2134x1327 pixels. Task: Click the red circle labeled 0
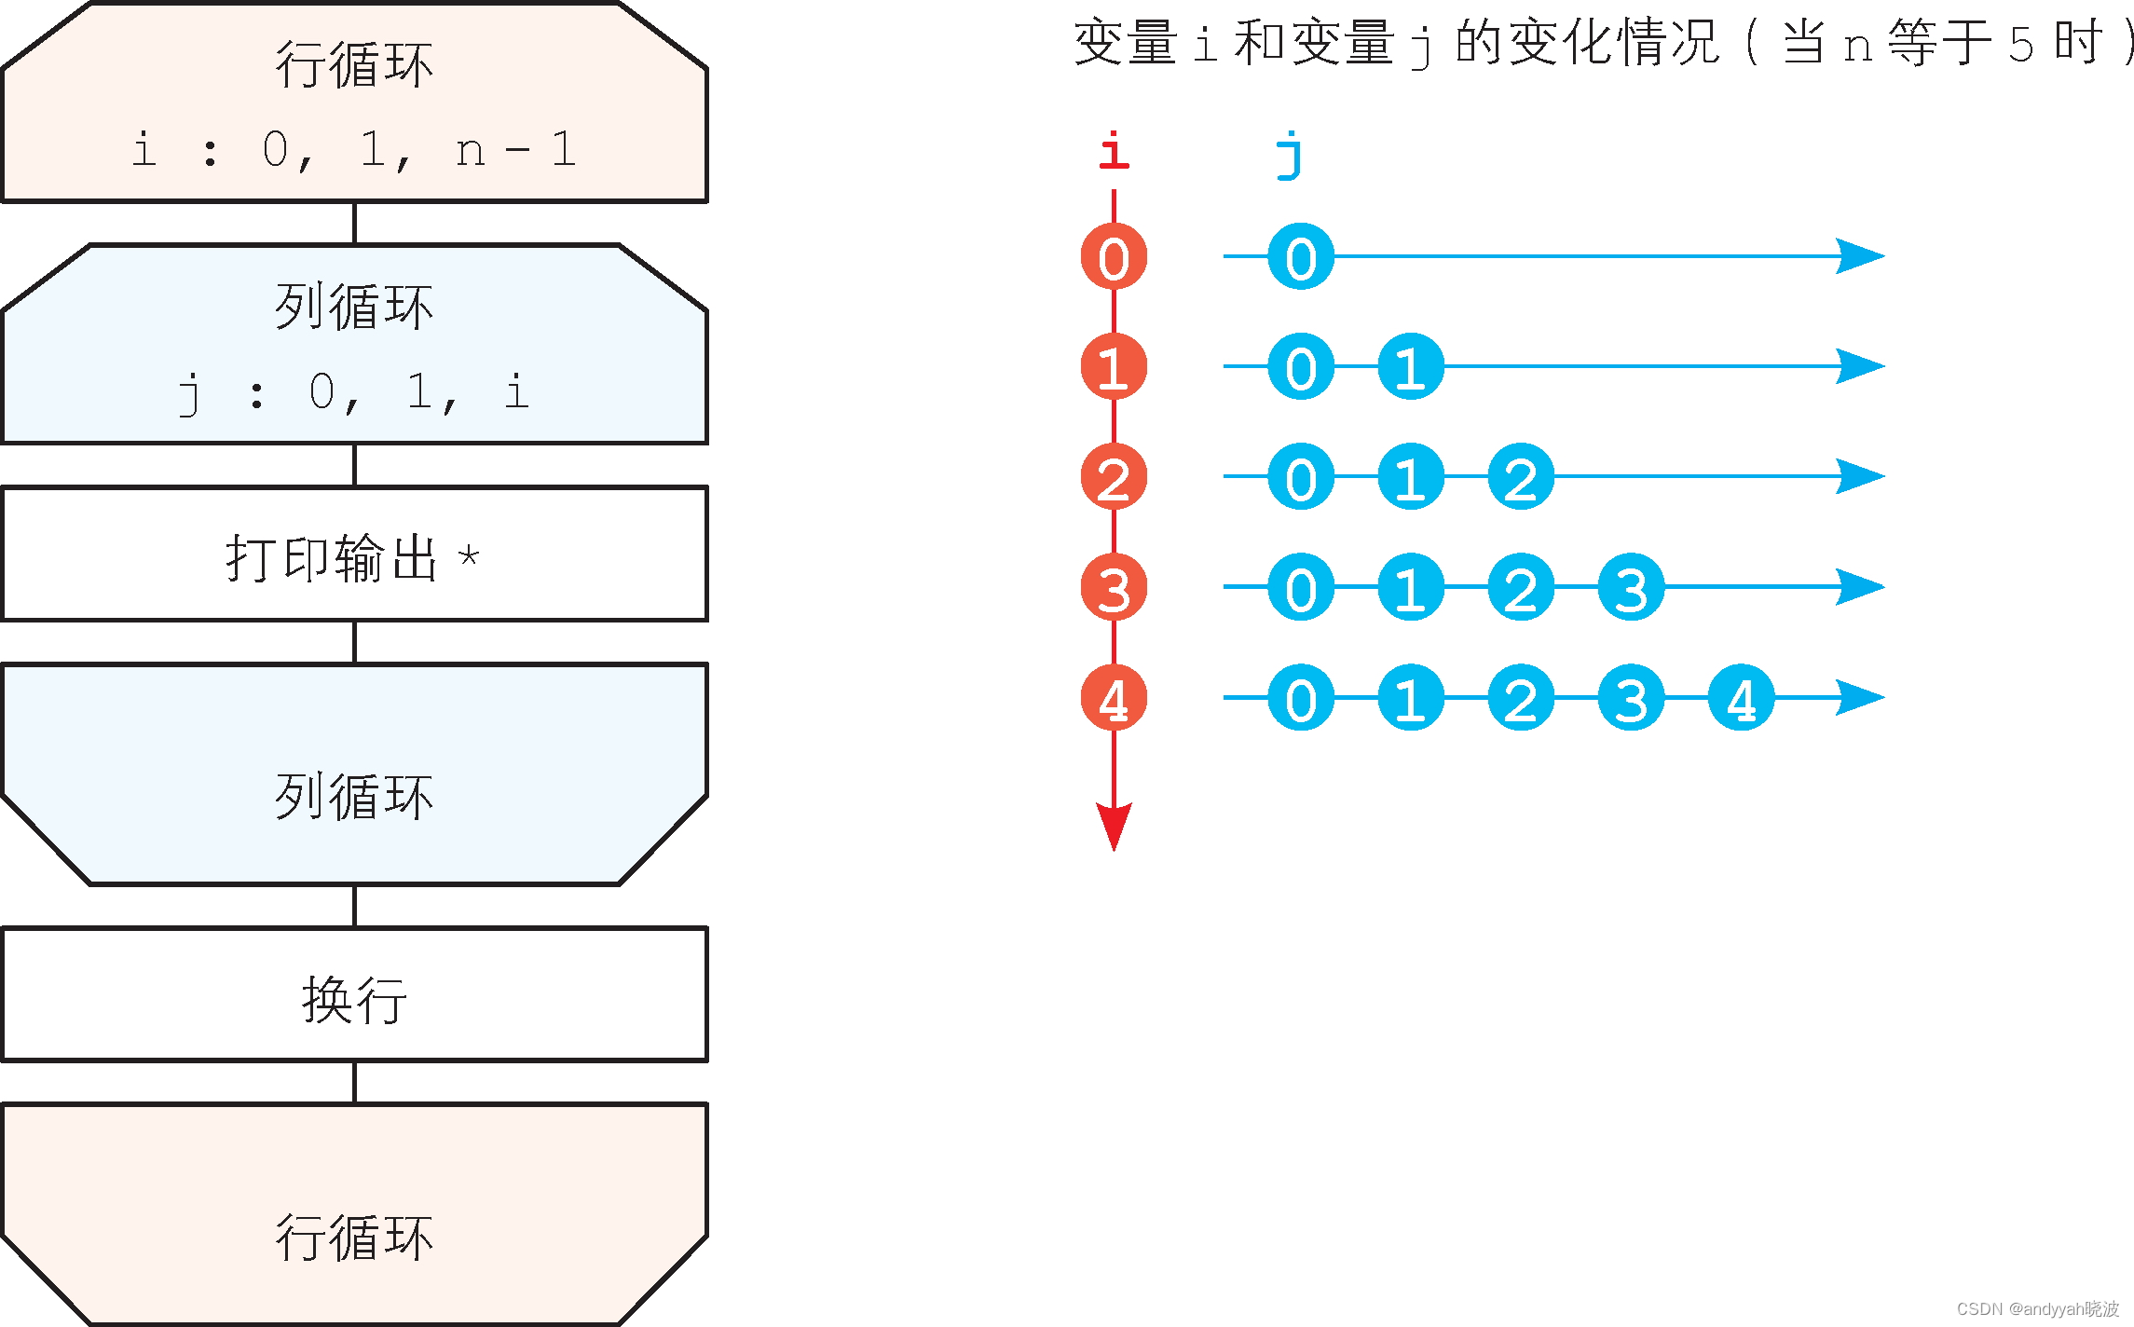1114,257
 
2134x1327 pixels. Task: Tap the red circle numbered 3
1114,588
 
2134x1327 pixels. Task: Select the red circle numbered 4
1114,698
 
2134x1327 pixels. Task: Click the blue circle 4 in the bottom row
1741,698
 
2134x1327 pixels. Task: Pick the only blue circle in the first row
1301,257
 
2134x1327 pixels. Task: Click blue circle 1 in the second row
1411,367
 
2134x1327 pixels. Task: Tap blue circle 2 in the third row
1521,477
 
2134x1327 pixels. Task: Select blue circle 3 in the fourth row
1631,588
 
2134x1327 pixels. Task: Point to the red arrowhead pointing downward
1114,825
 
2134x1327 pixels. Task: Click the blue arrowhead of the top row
1859,256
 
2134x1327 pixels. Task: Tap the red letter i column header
1114,152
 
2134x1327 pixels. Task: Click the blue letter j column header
1290,155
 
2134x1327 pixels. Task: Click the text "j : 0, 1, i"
354,392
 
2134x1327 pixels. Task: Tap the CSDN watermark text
2037,1308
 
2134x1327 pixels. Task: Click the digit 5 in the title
2020,45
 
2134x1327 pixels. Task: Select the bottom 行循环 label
354,1238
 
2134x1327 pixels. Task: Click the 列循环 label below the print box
354,798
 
